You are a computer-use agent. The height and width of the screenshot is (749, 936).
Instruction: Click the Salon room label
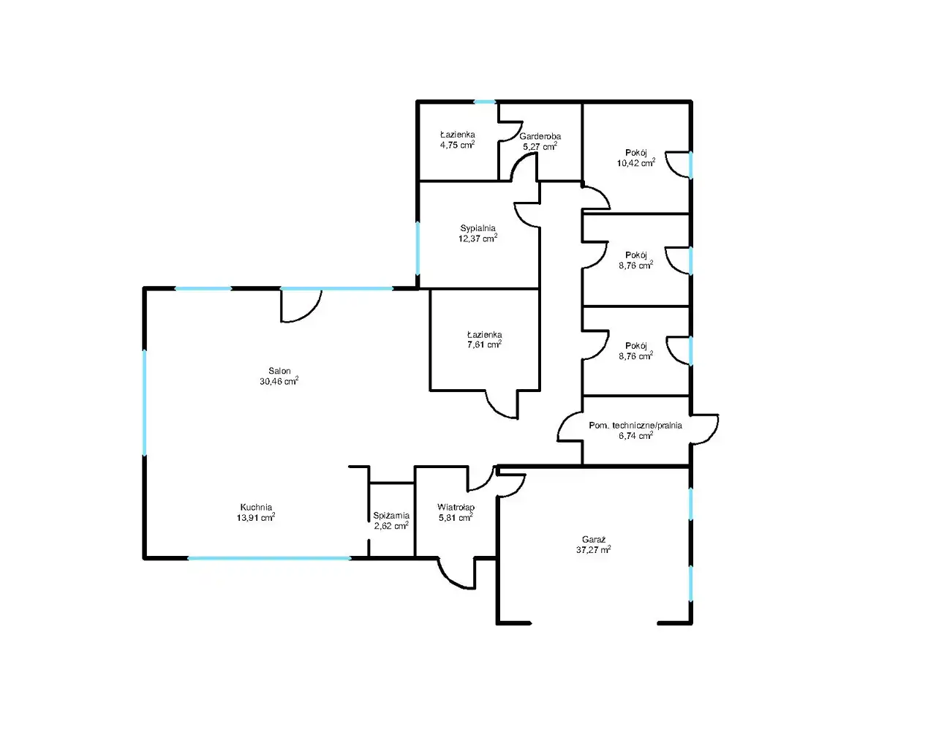tap(279, 372)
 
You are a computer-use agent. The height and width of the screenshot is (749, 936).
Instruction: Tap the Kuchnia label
tap(256, 508)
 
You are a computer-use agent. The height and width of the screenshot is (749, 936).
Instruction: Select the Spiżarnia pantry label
tap(391, 516)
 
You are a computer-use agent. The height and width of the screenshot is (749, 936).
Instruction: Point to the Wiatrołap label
tap(456, 508)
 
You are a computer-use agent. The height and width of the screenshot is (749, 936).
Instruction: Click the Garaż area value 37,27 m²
tap(593, 550)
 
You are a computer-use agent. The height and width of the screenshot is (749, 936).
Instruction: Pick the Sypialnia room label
tap(478, 228)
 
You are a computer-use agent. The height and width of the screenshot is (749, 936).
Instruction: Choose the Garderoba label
tap(540, 136)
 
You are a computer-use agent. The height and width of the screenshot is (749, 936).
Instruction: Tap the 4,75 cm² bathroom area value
tap(457, 145)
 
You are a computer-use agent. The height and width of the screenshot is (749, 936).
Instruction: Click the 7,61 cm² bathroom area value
tap(485, 345)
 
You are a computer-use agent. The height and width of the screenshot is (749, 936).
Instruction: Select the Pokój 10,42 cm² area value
tap(636, 163)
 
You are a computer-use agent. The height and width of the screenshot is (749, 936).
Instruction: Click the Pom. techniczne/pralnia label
tap(635, 426)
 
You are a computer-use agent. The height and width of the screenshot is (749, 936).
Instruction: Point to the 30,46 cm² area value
tap(279, 381)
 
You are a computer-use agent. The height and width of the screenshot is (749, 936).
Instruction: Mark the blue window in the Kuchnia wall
tap(270, 558)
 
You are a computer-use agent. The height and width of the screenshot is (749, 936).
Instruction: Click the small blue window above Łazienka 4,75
tap(485, 102)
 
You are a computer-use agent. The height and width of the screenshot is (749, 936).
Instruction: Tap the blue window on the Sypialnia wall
tap(418, 249)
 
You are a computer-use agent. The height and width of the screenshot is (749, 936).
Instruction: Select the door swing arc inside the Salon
tap(301, 306)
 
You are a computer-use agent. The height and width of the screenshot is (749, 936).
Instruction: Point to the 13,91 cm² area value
tap(256, 518)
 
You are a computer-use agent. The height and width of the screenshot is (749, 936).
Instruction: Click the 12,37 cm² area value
tap(478, 238)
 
